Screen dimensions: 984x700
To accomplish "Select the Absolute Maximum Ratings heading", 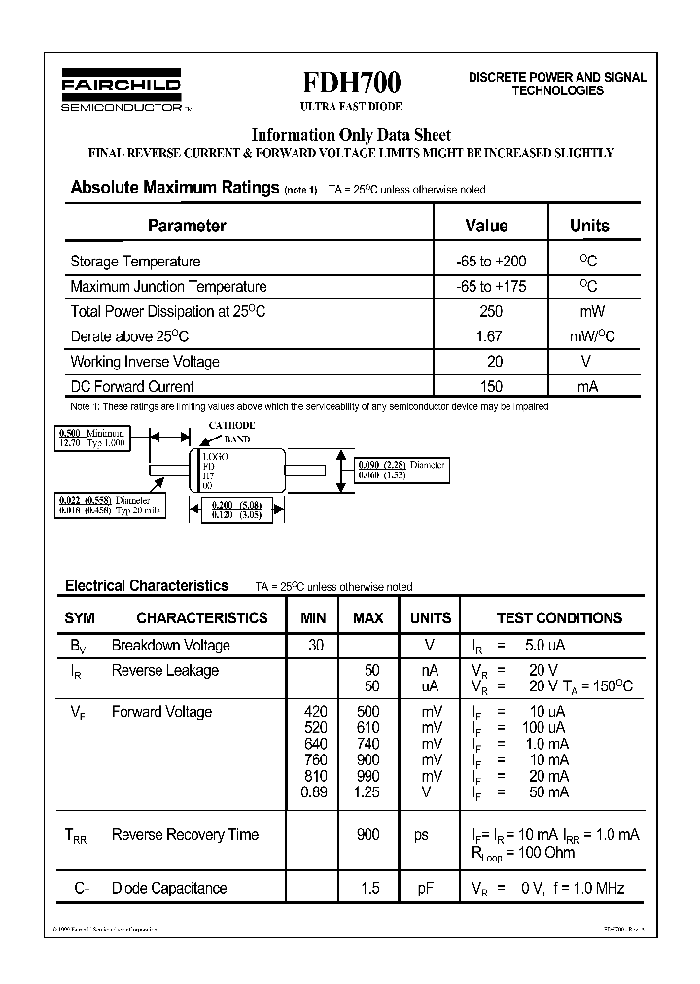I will (175, 188).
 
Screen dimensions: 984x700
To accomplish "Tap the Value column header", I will (486, 226).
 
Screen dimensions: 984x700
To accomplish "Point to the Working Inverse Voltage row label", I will (145, 362).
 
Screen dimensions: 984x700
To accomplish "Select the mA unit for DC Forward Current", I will (587, 386).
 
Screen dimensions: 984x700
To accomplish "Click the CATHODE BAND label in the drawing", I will (230, 433).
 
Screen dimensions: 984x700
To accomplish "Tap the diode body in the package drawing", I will (243, 472).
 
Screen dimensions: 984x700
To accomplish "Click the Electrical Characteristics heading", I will (147, 586).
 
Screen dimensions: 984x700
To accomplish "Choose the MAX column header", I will (367, 617).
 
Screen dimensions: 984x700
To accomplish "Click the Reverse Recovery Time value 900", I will (367, 835).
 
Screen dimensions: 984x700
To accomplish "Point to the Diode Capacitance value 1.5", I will (367, 888).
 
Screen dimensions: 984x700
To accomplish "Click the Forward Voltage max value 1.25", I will (367, 792).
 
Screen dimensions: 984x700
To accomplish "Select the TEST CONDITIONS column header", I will (559, 617).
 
